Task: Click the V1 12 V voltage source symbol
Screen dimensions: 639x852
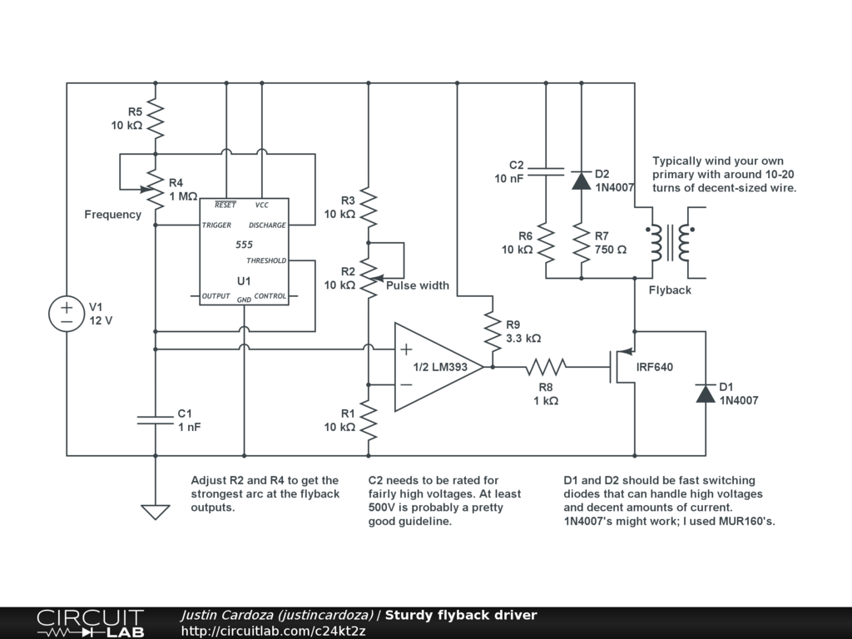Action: (x=67, y=314)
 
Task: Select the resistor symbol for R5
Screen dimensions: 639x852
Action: (x=156, y=119)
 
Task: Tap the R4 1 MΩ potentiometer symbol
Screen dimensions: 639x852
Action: (x=156, y=190)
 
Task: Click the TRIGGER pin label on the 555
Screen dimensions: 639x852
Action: (x=217, y=225)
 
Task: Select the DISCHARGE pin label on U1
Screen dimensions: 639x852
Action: (x=267, y=225)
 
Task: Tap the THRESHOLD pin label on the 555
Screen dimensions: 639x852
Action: (x=266, y=260)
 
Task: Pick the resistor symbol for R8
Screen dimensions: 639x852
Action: (x=545, y=366)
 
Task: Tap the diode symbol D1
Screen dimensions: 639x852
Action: (x=706, y=394)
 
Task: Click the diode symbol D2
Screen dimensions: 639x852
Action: (x=580, y=181)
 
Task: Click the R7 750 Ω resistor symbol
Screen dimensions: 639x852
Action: (x=580, y=243)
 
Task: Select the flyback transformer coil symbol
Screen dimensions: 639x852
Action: (x=671, y=243)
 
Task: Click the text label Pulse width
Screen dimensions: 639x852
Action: (x=418, y=285)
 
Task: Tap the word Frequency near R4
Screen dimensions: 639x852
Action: (x=113, y=215)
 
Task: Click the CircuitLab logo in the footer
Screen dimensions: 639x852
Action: (x=90, y=623)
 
